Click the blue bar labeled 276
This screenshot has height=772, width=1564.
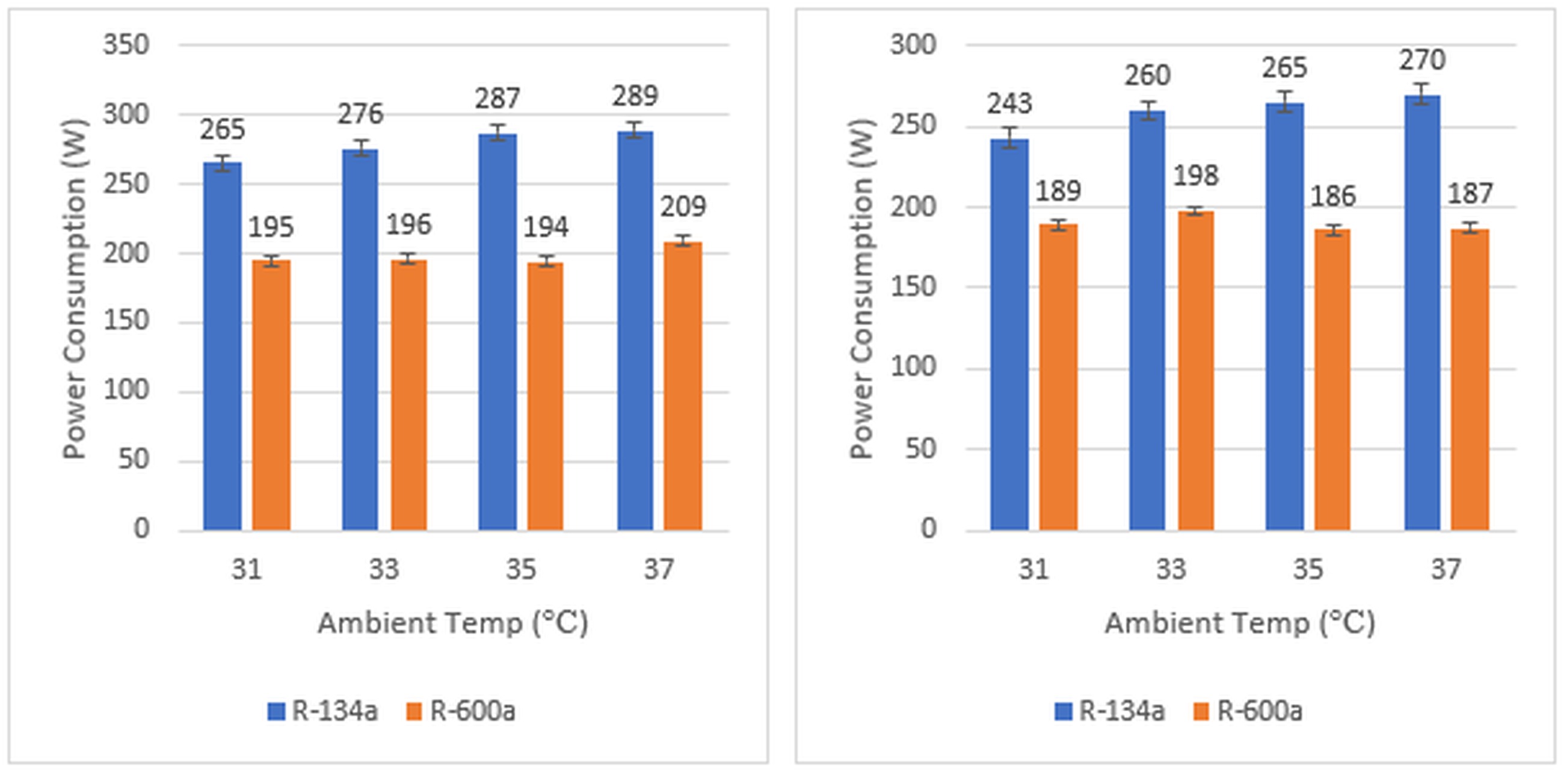pos(360,340)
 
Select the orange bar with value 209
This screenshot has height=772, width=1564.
pos(682,386)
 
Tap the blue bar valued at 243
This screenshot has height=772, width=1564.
pos(1009,335)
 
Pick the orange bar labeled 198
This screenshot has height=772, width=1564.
pos(1195,371)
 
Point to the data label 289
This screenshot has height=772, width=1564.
pos(635,96)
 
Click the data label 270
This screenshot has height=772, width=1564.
pos(1422,60)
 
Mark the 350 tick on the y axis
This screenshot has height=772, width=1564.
pos(126,45)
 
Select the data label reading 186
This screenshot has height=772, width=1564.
pos(1332,196)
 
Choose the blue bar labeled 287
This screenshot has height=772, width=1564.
pos(497,332)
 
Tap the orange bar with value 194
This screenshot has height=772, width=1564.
pos(544,397)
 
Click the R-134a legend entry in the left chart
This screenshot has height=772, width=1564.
pos(323,711)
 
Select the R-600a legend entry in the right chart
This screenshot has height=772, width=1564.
pos(1248,711)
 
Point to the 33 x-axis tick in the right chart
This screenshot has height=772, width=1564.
pos(1170,569)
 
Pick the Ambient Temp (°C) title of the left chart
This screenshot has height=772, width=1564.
pos(453,623)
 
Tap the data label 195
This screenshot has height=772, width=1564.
pos(271,228)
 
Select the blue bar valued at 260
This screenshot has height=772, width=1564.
pos(1147,321)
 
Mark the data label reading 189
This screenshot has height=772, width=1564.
pos(1058,191)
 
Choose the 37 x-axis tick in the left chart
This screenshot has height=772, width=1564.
pos(658,569)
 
